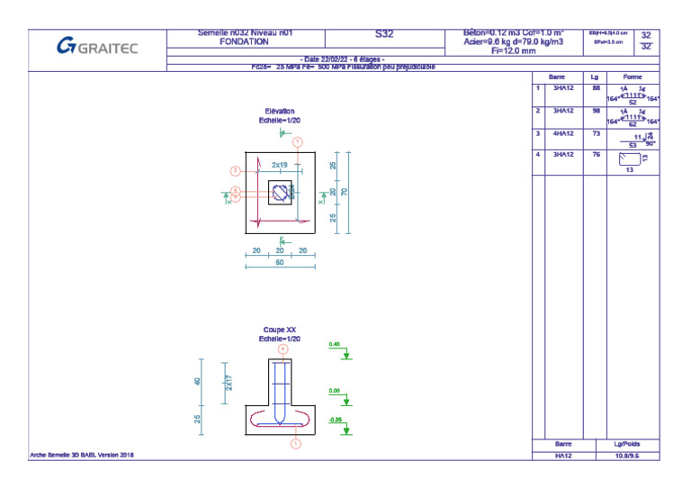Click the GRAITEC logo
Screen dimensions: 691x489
97,46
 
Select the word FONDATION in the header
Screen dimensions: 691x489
244,41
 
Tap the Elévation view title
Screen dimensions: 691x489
280,112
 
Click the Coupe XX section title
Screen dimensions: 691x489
280,331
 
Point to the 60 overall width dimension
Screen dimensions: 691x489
280,263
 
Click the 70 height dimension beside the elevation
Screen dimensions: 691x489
345,192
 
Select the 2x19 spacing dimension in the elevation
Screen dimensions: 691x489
280,166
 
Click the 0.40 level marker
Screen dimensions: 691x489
335,345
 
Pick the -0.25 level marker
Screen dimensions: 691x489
335,420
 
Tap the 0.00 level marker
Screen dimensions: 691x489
335,391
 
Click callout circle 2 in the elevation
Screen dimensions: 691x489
235,170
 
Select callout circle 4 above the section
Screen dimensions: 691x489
283,349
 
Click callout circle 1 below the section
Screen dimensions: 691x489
295,443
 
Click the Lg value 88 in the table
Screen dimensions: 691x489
595,88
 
